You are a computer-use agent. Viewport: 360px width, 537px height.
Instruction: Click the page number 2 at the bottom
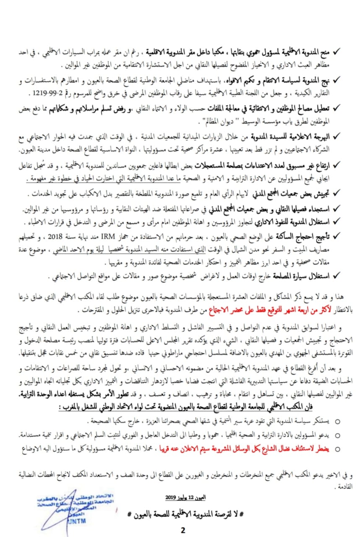(x=183, y=530)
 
